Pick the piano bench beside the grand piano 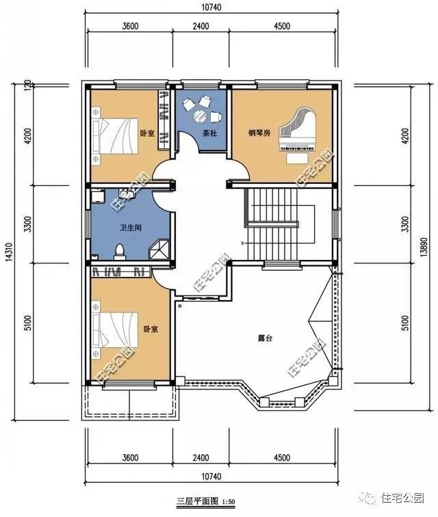coord(296,157)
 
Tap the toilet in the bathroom coord(120,250)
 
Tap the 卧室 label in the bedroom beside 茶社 coord(146,133)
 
